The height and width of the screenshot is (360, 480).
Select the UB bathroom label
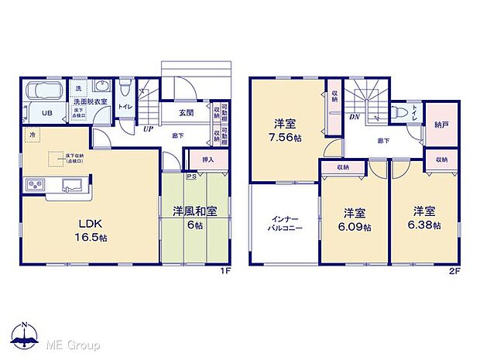coord(46,113)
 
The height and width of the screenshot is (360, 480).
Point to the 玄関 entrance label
coord(187,113)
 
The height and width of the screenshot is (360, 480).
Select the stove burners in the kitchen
coord(36,186)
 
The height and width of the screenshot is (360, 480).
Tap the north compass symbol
coord(25,334)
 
